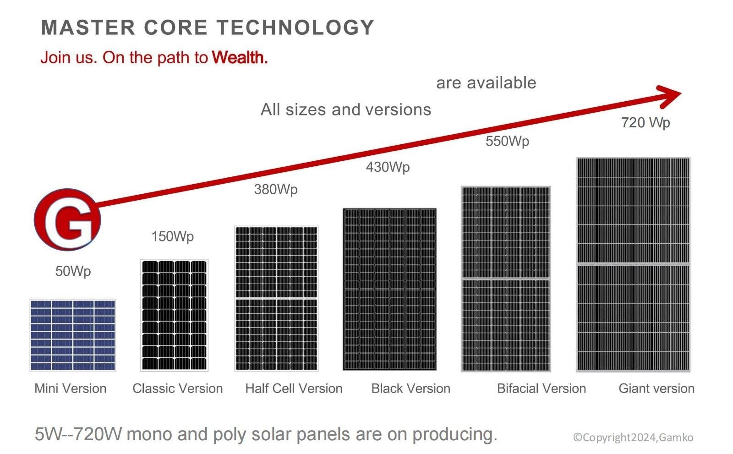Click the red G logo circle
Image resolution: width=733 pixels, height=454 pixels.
[67, 219]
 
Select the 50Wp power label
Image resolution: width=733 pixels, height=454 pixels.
[73, 271]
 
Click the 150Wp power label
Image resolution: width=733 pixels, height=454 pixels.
[173, 236]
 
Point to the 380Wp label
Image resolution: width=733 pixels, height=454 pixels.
[276, 189]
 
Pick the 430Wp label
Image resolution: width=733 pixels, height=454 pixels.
[388, 167]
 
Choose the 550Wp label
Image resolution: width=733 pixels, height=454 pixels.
[507, 141]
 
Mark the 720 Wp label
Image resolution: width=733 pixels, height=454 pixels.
[645, 123]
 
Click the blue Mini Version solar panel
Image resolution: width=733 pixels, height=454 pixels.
[73, 335]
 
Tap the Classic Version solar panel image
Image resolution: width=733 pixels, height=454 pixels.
[174, 315]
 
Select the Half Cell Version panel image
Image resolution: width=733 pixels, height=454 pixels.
[276, 298]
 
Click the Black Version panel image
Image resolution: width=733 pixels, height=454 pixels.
[389, 289]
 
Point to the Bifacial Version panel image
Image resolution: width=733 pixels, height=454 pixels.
[506, 279]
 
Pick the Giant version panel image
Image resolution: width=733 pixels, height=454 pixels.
[633, 264]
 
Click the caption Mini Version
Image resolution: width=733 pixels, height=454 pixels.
[71, 388]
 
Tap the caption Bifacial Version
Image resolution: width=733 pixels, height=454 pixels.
[541, 388]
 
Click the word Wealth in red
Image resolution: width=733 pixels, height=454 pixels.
[240, 58]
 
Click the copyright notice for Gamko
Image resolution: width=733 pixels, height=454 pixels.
[633, 438]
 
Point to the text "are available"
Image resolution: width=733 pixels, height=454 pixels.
[486, 83]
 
